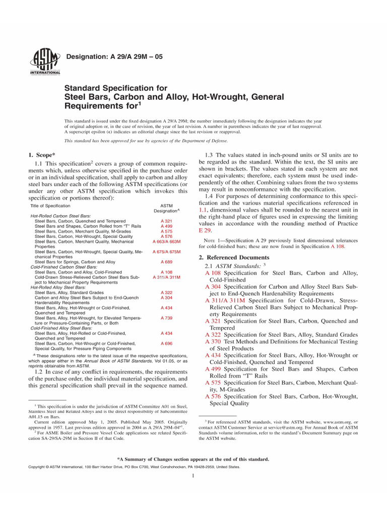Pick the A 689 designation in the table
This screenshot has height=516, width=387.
pos(166,262)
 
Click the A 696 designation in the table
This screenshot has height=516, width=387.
pos(166,344)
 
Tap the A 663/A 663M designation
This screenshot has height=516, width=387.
pos(166,241)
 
